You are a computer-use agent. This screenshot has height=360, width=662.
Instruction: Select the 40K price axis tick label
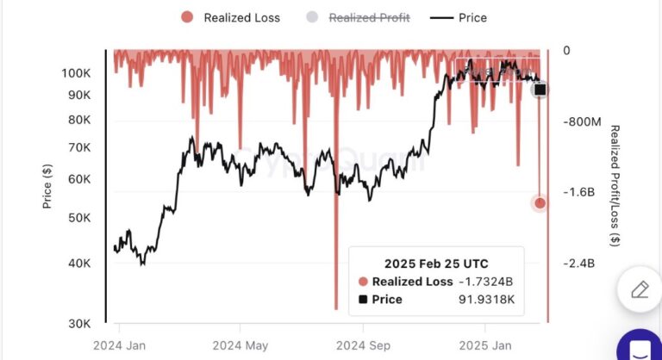78,263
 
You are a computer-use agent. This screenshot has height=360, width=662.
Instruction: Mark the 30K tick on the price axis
78,324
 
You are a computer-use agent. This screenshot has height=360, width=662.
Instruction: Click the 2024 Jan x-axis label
120,344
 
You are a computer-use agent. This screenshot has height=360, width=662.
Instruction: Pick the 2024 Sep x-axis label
363,344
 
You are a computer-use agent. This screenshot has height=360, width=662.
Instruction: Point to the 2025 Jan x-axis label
484,344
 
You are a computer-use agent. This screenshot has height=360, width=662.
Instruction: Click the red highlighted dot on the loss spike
540,203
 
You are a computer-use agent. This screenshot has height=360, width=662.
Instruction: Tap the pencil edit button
639,289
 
